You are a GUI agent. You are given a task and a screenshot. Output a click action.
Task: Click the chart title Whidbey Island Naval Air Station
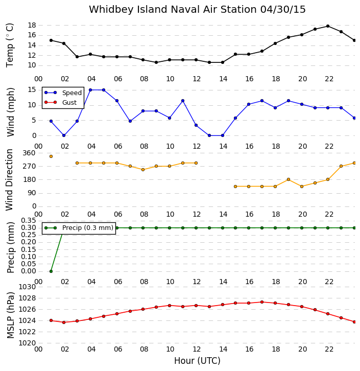coord(173,10)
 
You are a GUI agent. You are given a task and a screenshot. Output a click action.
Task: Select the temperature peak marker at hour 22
coord(328,26)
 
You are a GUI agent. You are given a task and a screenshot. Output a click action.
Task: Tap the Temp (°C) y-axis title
coord(10,45)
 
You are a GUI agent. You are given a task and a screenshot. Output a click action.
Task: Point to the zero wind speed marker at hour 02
coord(64,135)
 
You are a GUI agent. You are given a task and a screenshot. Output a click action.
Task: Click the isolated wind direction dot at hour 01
coord(51,156)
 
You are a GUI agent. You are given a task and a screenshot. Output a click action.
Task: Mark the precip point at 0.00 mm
coord(51,271)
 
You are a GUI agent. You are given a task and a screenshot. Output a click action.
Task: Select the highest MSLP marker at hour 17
coord(262,302)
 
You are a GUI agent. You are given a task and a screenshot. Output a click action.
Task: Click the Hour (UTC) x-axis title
coord(197,361)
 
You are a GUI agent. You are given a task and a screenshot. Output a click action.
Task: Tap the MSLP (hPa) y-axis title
coord(10,315)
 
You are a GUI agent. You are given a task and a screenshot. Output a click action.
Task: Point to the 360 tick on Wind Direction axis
coord(29,153)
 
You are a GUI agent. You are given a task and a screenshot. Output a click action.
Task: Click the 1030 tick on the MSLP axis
coord(27,287)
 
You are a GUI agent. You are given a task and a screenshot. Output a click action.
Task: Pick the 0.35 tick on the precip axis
coord(29,221)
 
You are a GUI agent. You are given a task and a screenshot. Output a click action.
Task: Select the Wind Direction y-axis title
coord(9,180)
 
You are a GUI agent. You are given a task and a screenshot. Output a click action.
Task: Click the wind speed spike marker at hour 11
coord(183,101)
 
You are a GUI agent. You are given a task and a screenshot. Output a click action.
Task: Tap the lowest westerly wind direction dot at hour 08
coord(143,170)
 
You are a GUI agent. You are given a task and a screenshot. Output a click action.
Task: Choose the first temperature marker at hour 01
coord(51,40)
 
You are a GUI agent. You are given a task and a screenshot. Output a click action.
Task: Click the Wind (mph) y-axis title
coord(11,112)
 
